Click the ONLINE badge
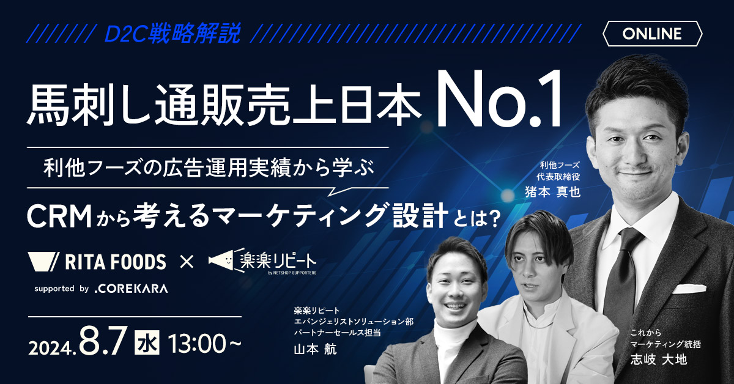point(652,34)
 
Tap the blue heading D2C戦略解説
point(172,33)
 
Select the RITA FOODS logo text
point(116,262)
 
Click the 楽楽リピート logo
point(263,261)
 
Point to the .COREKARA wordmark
point(131,289)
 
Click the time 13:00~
point(204,344)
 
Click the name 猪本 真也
point(552,191)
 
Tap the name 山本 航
point(315,349)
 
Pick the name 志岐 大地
point(659,360)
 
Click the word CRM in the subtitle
point(59,217)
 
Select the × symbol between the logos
point(187,262)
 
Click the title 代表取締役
point(558,177)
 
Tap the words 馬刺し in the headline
point(89,104)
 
